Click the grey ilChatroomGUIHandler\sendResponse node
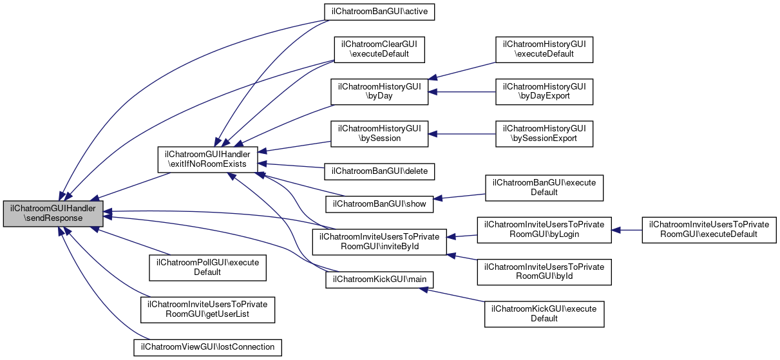pyautogui.click(x=53, y=213)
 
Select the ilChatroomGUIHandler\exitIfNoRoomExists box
pyautogui.click(x=208, y=159)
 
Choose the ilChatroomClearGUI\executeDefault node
pyautogui.click(x=379, y=49)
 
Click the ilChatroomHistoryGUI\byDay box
pyautogui.click(x=379, y=91)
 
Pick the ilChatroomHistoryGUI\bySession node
pyautogui.click(x=379, y=134)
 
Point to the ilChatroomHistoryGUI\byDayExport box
pyautogui.click(x=544, y=91)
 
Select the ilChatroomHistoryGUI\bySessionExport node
pyautogui.click(x=544, y=134)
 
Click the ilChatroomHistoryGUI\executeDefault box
pyautogui.click(x=544, y=49)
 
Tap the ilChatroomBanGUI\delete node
pyautogui.click(x=381, y=171)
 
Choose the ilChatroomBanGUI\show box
pyautogui.click(x=379, y=204)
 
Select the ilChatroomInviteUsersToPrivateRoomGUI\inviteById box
pyautogui.click(x=379, y=241)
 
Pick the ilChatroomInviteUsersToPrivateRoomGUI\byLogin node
pyautogui.click(x=544, y=230)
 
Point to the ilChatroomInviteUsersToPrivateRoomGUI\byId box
pyautogui.click(x=544, y=272)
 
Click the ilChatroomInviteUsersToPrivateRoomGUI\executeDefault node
pyautogui.click(x=709, y=230)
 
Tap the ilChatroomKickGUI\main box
pyautogui.click(x=379, y=279)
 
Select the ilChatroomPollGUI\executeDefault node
pyautogui.click(x=207, y=267)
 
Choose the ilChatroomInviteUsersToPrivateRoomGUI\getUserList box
pyautogui.click(x=207, y=310)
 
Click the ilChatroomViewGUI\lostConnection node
pyautogui.click(x=207, y=347)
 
